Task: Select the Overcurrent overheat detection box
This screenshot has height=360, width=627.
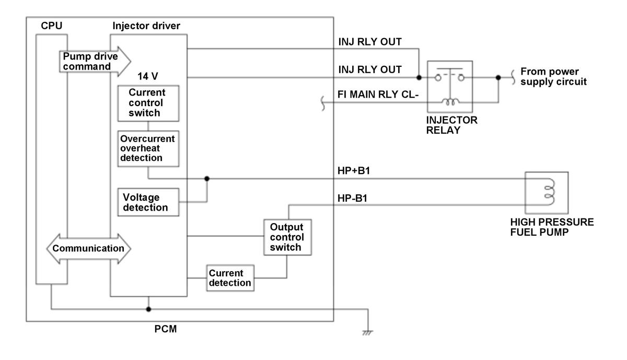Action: (x=148, y=148)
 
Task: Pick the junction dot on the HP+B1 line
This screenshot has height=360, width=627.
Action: (x=207, y=178)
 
